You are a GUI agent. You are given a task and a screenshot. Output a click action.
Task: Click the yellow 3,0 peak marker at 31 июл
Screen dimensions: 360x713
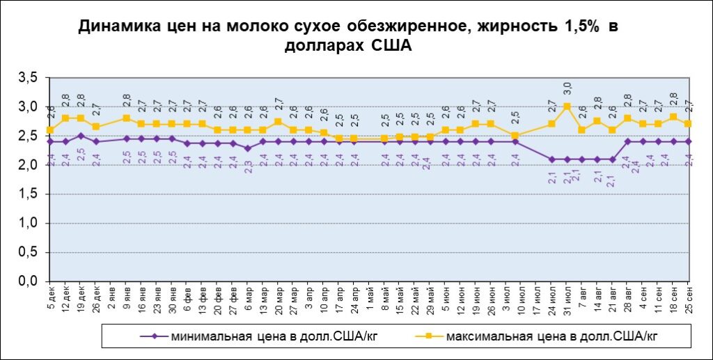567,107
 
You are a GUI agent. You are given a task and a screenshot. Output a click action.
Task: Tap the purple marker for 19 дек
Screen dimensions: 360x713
81,136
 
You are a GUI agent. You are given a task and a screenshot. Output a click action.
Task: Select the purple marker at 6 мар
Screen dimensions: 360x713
248,148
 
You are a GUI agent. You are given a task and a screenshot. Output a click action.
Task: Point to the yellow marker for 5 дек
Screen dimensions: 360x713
50,130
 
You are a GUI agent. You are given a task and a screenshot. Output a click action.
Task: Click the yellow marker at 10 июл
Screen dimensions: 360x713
515,136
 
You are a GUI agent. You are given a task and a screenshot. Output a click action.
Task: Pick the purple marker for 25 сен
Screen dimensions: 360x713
689,141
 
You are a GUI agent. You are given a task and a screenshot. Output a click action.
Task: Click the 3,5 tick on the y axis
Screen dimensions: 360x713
28,77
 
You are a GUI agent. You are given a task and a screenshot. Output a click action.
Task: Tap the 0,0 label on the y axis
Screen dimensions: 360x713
28,281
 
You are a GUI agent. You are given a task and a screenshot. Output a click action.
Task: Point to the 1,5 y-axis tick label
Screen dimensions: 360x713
28,194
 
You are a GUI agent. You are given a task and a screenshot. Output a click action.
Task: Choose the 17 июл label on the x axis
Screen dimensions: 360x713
537,298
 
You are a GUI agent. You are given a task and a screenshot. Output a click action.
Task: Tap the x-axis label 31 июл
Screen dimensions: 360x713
567,298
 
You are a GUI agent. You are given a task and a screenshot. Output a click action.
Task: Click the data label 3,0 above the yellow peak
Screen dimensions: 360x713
567,88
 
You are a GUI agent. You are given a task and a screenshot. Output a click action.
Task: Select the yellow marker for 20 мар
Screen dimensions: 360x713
279,122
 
